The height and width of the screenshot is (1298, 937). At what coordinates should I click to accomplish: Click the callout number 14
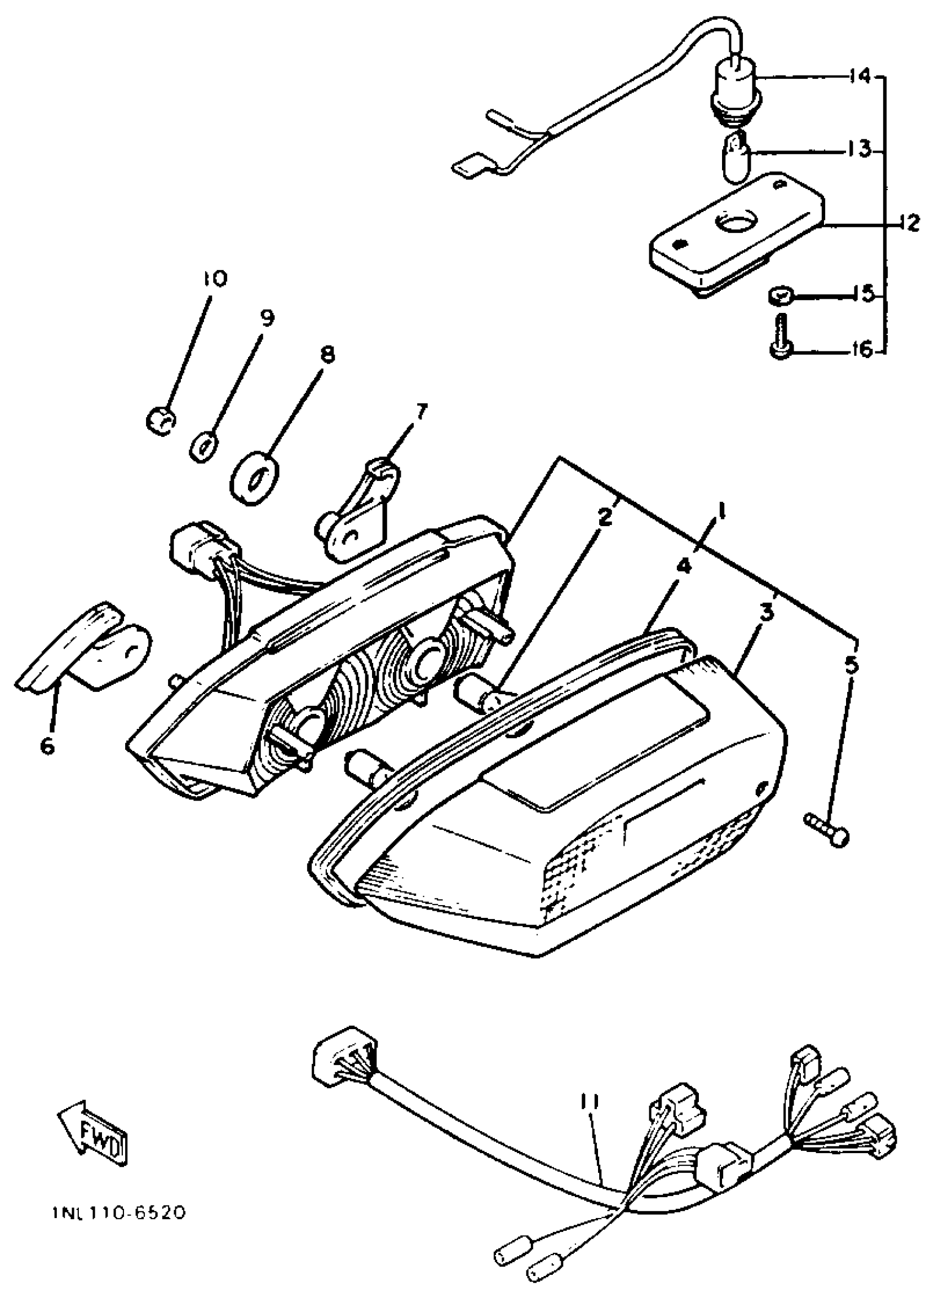pyautogui.click(x=858, y=75)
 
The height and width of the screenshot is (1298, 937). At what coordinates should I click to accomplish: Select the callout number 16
pyautogui.click(x=861, y=349)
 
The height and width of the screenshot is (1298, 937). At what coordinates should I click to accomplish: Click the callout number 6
pyautogui.click(x=47, y=745)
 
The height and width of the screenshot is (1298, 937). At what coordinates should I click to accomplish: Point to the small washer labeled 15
pyautogui.click(x=778, y=296)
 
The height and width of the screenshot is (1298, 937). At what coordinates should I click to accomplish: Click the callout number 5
pyautogui.click(x=851, y=666)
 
